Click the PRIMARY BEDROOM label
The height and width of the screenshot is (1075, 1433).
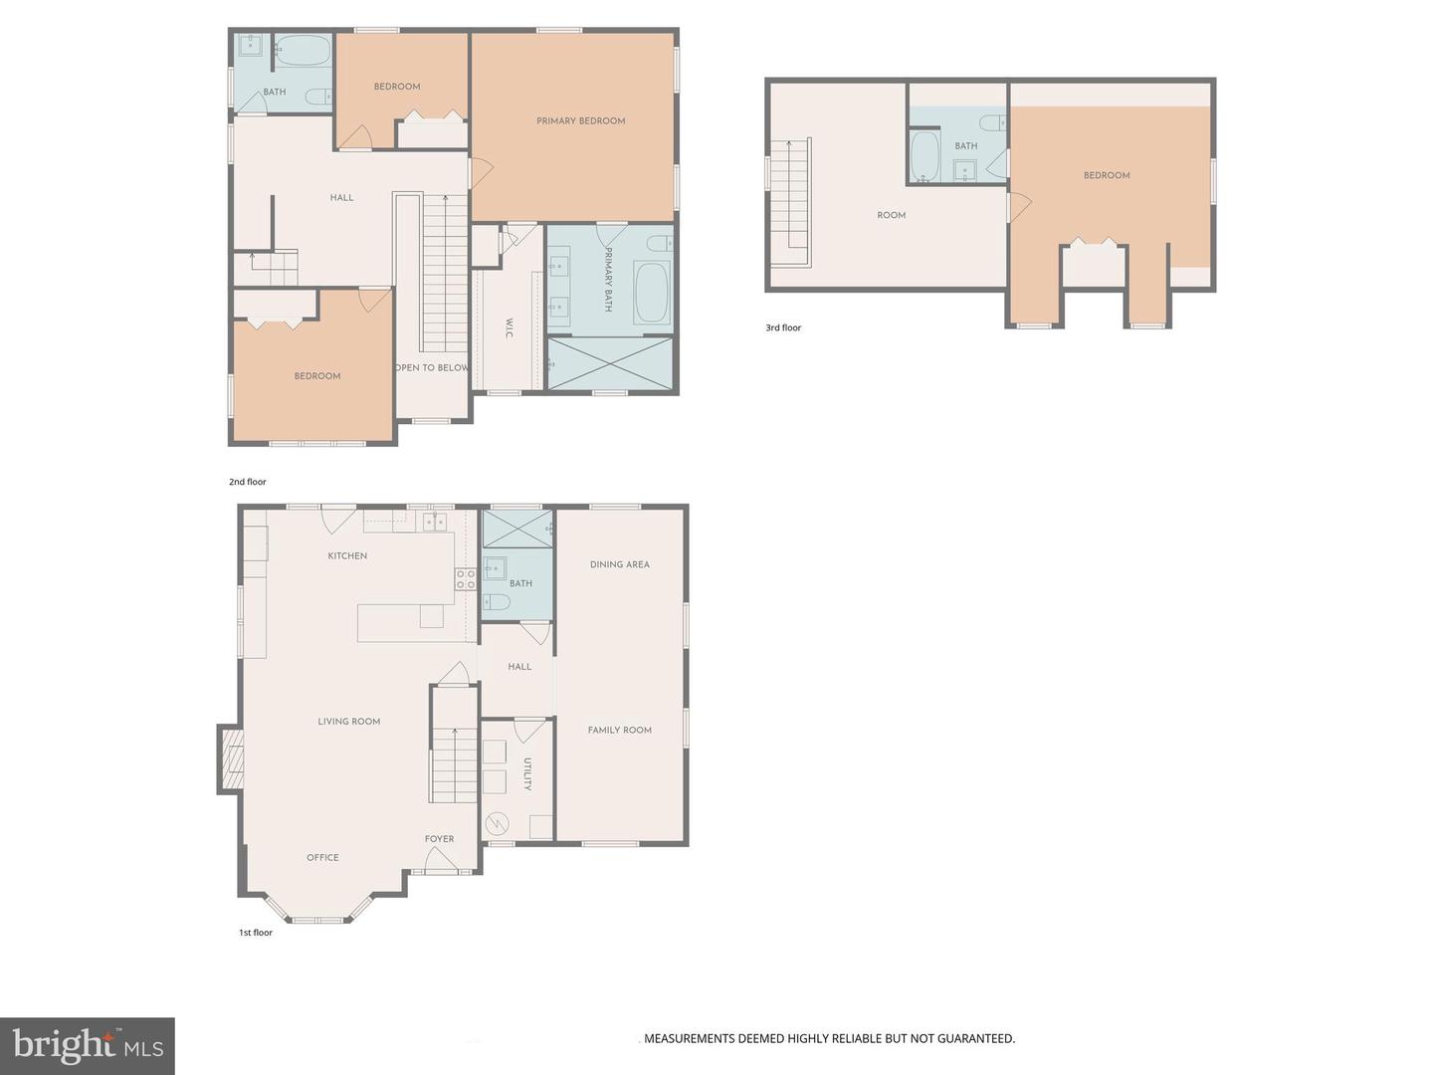pos(580,121)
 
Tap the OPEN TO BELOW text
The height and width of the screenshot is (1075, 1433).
pos(432,368)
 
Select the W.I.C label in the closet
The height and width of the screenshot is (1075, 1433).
pos(510,328)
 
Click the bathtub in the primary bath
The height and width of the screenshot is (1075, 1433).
pos(652,293)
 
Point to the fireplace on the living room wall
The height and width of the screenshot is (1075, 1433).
pos(231,758)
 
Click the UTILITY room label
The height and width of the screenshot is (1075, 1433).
pos(527,773)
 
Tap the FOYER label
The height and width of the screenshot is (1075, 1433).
pos(439,839)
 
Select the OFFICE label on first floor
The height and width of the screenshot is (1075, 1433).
pos(322,857)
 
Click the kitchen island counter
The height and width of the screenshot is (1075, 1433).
pos(400,622)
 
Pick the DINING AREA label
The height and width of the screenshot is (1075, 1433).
pos(619,564)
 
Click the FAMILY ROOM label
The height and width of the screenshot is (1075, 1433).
pos(619,730)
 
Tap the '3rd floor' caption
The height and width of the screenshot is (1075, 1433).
pos(783,327)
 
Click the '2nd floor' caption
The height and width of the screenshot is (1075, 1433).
pos(248,482)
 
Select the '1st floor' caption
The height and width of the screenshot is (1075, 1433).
pos(256,933)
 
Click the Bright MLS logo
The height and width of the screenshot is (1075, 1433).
pos(88,1045)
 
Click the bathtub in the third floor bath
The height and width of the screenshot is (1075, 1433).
pos(925,157)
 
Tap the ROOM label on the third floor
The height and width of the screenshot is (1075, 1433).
pos(891,215)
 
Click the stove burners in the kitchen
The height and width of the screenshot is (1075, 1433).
pos(466,579)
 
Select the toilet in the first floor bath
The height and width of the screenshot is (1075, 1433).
pos(497,602)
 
